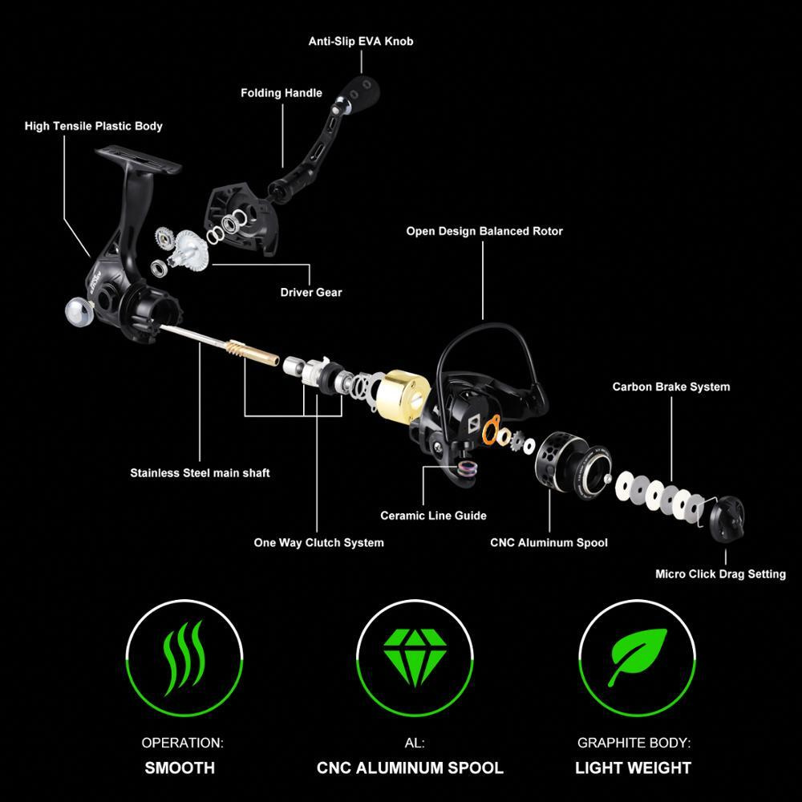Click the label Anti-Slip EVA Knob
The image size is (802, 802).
tap(361, 42)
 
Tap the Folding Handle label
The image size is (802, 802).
tap(282, 93)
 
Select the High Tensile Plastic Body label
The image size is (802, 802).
tap(94, 127)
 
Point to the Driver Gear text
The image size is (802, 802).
tap(311, 293)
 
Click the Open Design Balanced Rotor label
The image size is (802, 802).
tap(484, 231)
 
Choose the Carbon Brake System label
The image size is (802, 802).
tap(671, 387)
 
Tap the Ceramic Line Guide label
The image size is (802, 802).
tap(433, 516)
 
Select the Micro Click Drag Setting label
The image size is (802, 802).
tap(721, 574)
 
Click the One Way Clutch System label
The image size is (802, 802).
tap(318, 543)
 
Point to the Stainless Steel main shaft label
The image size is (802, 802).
tap(200, 473)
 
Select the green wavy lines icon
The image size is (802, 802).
tap(183, 658)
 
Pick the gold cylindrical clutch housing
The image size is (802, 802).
tap(402, 397)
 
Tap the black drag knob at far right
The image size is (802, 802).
tap(727, 519)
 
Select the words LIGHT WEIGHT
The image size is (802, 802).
tap(634, 768)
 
